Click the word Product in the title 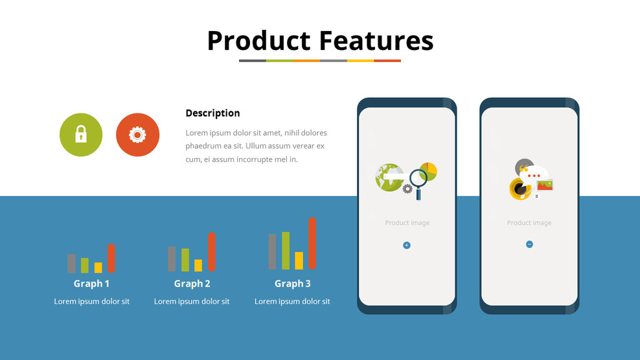pos(258,41)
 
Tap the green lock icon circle pos(81,135)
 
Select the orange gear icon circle pos(137,135)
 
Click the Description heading pos(212,113)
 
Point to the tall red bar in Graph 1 pos(111,258)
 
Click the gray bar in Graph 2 pos(172,259)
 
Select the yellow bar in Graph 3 pos(299,260)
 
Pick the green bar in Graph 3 pos(286,251)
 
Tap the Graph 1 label pos(91,284)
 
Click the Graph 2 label pos(192,284)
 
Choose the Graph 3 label pos(293,284)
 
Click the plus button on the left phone pos(407,245)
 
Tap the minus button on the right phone pos(529,245)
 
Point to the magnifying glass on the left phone pos(418,183)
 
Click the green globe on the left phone pos(389,177)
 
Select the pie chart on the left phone pos(428,171)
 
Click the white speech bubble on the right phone pos(534,175)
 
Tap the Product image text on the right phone pos(529,223)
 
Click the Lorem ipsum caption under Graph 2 pos(192,302)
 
